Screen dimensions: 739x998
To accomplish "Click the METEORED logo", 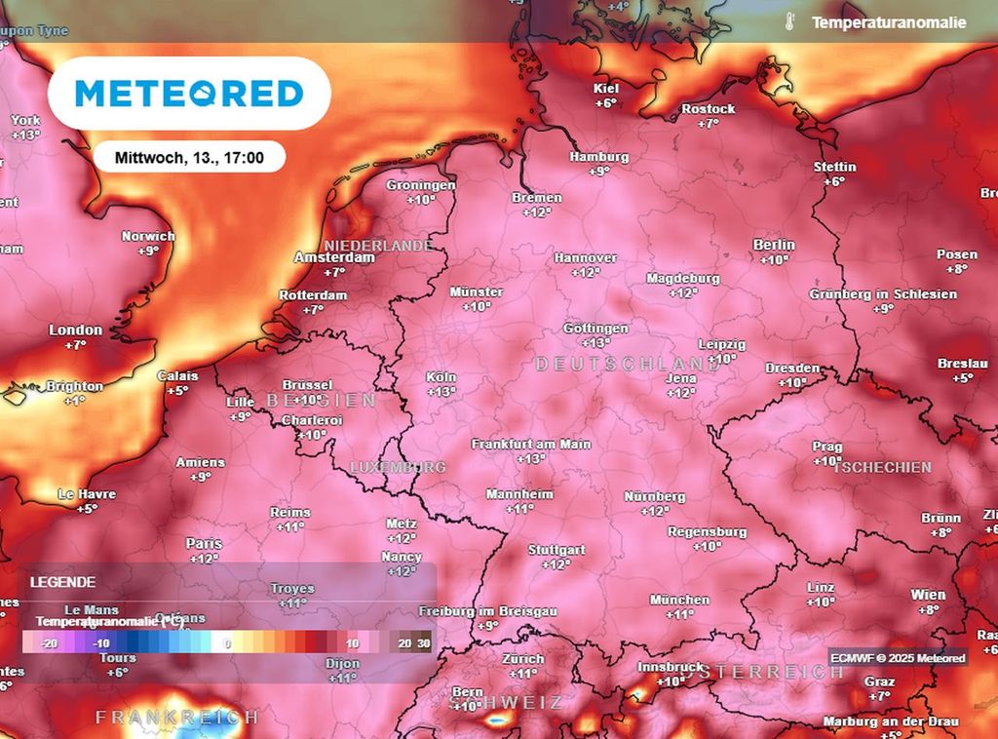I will [x=189, y=94].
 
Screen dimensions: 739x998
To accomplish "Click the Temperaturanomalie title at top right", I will [x=889, y=21].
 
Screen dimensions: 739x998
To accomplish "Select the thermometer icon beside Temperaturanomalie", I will [x=787, y=21].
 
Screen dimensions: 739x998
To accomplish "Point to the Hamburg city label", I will [x=598, y=157].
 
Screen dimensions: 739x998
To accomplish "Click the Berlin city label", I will [x=774, y=245].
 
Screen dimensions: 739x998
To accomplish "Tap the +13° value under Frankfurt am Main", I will [x=531, y=459].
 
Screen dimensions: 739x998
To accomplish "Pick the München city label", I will [x=679, y=600].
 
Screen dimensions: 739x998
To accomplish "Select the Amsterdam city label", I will [x=334, y=258].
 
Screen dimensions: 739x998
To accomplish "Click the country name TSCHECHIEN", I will [x=882, y=467].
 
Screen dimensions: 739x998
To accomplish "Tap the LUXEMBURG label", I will [x=398, y=467].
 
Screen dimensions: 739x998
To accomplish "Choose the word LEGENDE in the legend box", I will [x=62, y=582].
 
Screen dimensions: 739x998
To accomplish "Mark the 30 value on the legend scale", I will [x=423, y=643].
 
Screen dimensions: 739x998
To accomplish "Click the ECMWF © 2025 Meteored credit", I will [x=898, y=658].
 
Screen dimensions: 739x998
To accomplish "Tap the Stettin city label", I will [x=834, y=167].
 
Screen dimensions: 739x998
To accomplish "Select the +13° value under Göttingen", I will [x=595, y=343].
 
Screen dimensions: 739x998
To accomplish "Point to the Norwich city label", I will [x=148, y=236].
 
